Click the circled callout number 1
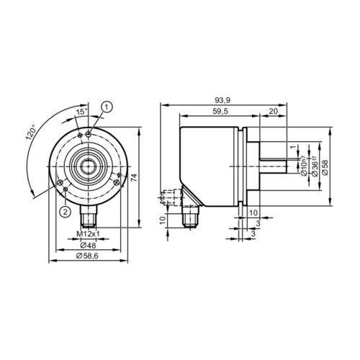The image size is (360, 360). [107, 107]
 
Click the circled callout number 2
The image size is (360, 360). [64, 211]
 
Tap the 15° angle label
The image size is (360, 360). [82, 112]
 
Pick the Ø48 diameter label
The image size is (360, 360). [87, 246]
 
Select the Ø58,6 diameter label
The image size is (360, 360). [87, 257]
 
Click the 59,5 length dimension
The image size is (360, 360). [220, 112]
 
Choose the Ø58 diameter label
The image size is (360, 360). [325, 166]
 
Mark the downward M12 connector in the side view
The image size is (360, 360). [191, 214]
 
